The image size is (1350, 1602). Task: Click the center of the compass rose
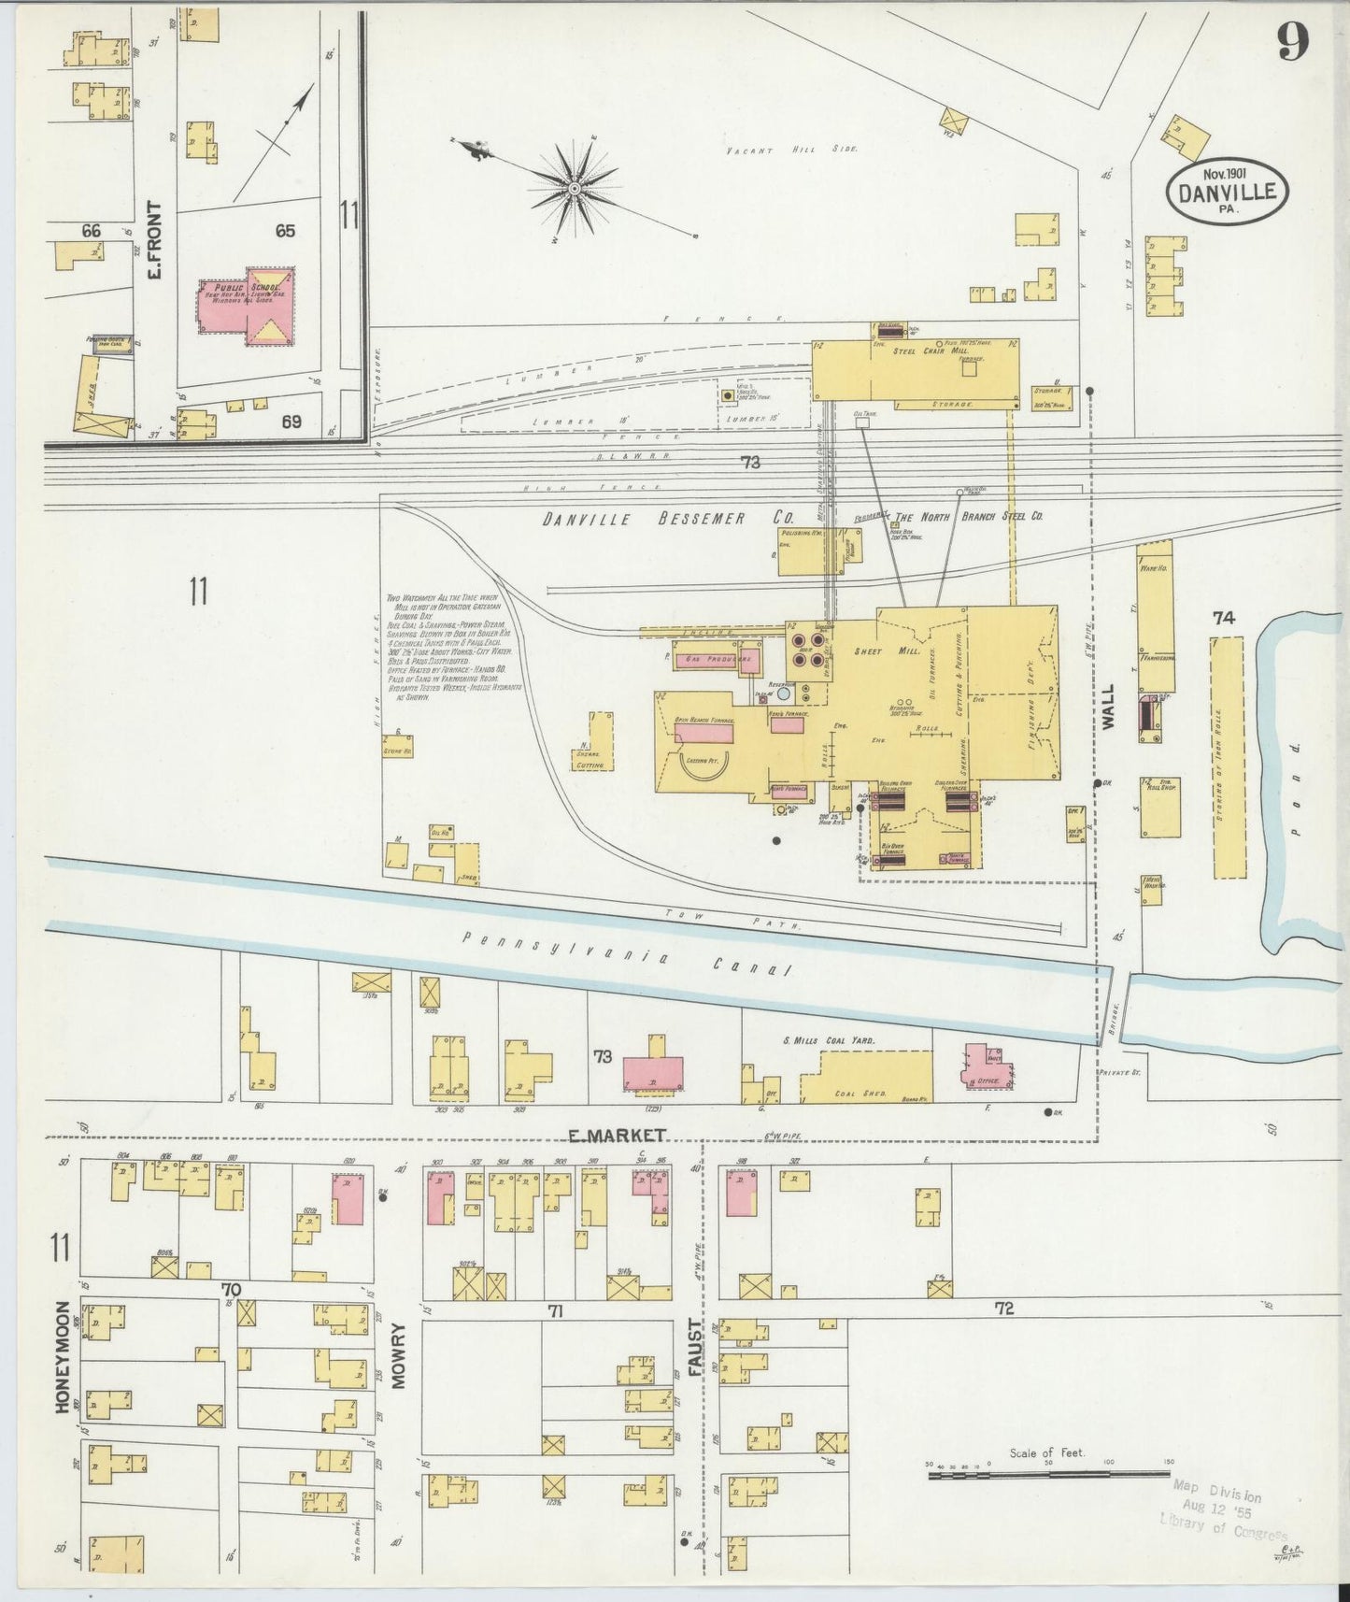click(x=575, y=189)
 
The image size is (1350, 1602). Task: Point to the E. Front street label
click(x=155, y=240)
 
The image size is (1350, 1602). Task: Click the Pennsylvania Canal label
click(x=627, y=955)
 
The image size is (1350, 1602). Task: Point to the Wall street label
click(x=1109, y=706)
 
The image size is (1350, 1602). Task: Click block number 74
click(x=1224, y=618)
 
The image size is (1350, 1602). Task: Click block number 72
click(x=1003, y=1309)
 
